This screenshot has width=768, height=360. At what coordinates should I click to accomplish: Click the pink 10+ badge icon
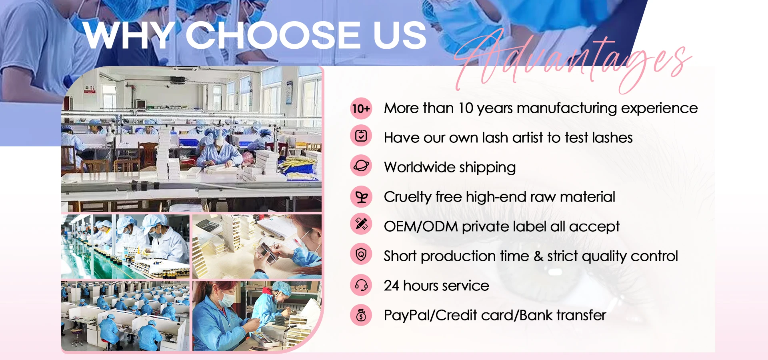coord(361,108)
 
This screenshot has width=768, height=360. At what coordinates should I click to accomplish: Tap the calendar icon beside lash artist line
coord(361,136)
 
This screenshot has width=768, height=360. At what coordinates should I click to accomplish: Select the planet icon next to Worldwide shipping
coord(361,166)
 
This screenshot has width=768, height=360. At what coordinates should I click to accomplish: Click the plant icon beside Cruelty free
coord(361,197)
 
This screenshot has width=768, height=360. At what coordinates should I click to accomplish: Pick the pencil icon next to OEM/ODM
coord(361,224)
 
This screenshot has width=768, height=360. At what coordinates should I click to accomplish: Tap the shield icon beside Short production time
coord(361,254)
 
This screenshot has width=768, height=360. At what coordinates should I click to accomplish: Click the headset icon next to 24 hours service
coord(361,285)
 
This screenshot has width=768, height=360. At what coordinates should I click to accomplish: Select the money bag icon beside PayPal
coord(361,315)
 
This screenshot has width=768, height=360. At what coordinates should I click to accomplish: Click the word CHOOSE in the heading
coord(273,35)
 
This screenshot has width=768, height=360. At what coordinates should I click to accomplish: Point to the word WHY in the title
coord(129,35)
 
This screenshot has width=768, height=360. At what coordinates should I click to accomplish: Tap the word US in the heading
coord(400,35)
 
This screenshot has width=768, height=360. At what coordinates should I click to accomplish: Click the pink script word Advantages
coord(572,60)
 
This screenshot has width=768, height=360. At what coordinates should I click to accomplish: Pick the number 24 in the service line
coord(391,286)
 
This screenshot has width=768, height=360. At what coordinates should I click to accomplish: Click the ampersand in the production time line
coord(538,256)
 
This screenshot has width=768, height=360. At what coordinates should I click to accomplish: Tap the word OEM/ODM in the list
coord(421,226)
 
